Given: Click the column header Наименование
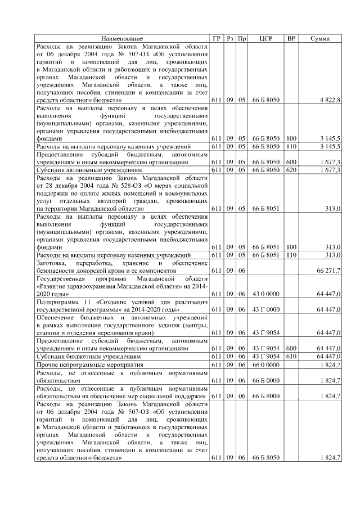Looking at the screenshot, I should pyautogui.click(x=121, y=38).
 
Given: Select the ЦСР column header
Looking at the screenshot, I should pyautogui.click(x=266, y=38).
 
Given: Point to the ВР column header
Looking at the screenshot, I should pyautogui.click(x=291, y=38).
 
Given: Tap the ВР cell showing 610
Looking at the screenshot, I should pyautogui.click(x=291, y=357).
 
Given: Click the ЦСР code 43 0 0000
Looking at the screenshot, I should pyautogui.click(x=266, y=294).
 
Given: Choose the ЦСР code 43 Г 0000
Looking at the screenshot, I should pyautogui.click(x=266, y=309).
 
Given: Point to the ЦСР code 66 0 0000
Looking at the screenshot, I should pyautogui.click(x=266, y=365).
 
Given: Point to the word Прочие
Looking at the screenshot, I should pyautogui.click(x=48, y=365).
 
